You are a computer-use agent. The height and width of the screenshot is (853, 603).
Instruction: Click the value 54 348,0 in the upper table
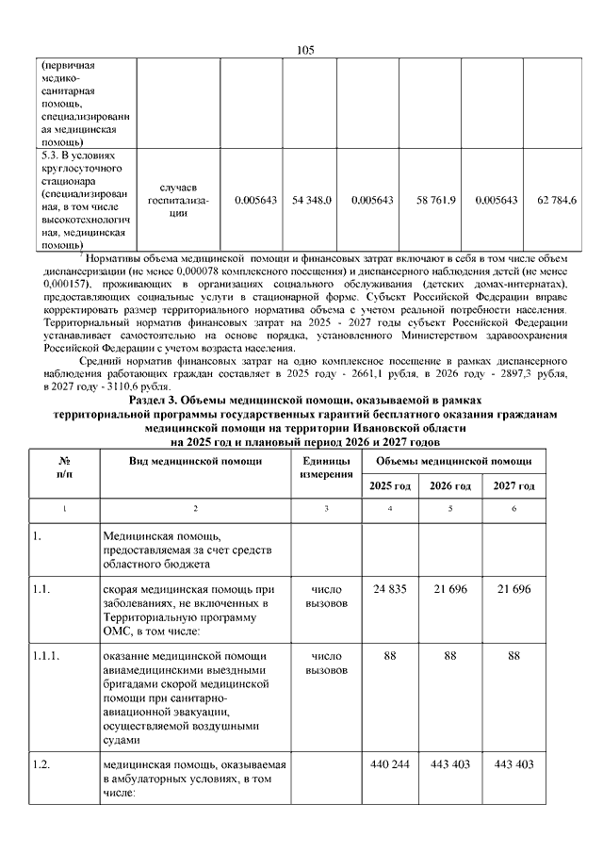312,200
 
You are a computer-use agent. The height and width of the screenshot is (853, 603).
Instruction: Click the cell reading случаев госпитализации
178,200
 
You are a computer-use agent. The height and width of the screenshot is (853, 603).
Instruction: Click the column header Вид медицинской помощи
195,460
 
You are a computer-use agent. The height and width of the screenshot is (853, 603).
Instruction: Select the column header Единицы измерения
326,467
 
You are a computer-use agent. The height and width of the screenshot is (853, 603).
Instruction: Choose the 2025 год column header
390,485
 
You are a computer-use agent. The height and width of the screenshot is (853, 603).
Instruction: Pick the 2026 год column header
449,485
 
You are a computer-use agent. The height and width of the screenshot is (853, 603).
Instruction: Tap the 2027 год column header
514,485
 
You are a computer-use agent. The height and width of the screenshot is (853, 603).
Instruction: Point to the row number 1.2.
41,763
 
